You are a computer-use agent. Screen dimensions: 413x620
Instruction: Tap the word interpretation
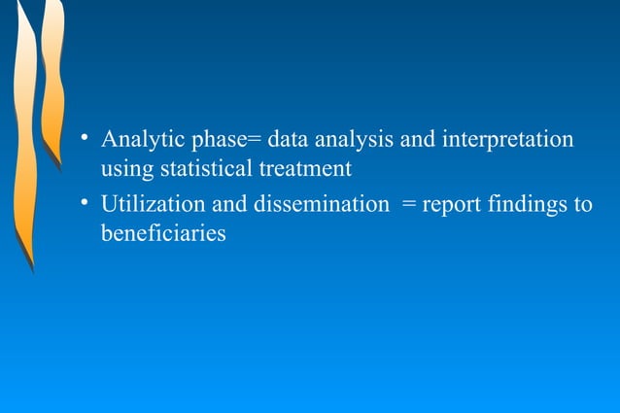pyautogui.click(x=507, y=139)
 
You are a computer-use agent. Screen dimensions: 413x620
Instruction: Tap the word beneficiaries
pyautogui.click(x=163, y=233)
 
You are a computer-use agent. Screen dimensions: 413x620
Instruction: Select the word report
pyautogui.click(x=457, y=205)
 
